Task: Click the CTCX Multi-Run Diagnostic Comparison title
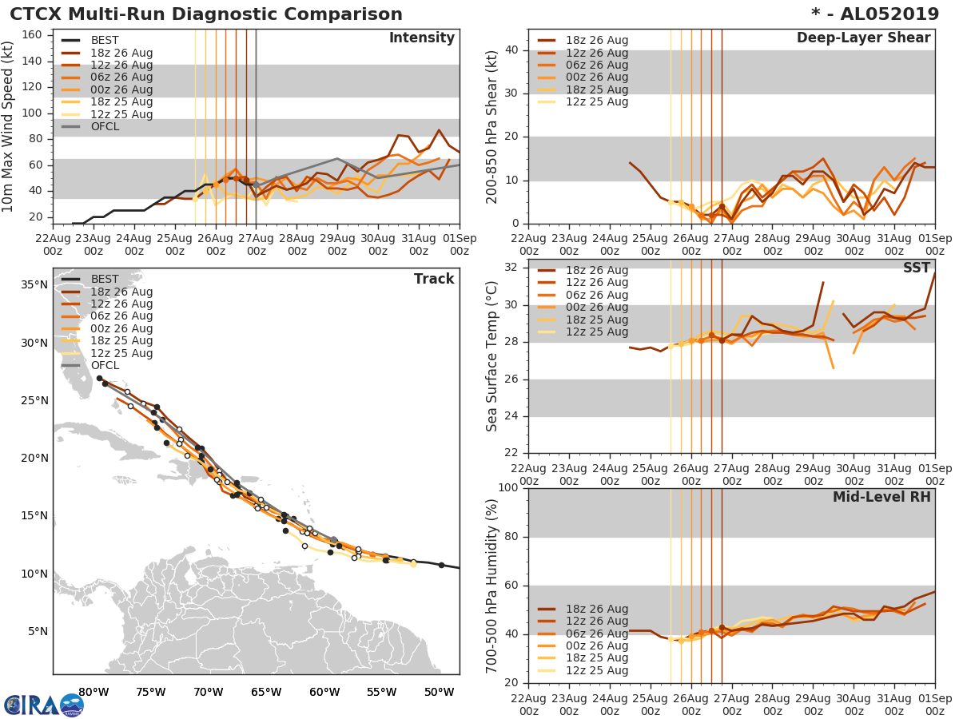206,14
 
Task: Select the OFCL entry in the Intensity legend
105,126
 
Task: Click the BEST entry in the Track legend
105,279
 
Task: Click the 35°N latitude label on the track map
33,285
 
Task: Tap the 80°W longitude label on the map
94,692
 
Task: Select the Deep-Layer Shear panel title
863,38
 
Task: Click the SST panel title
916,268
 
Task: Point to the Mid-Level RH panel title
881,497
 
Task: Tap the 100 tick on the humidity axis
508,488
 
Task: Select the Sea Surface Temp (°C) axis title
492,356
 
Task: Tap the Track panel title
433,279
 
